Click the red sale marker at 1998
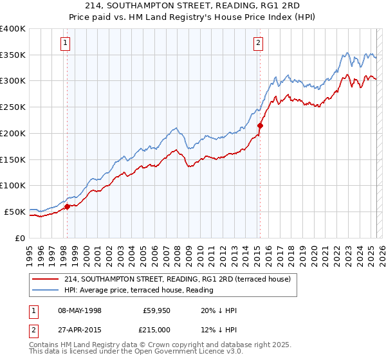(x=67, y=206)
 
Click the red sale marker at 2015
(x=260, y=125)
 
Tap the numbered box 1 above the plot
(x=66, y=43)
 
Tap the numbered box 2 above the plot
(x=258, y=43)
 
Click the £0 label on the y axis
(x=20, y=238)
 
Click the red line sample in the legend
(x=46, y=279)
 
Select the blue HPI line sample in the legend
(x=46, y=290)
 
